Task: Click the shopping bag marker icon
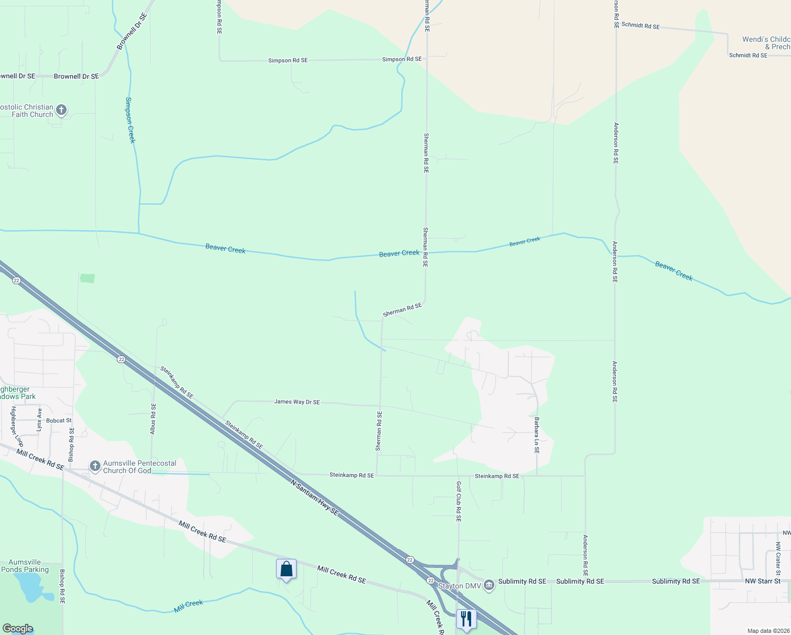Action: pos(286,569)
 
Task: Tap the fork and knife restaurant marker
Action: pos(466,619)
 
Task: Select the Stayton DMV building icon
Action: pos(489,585)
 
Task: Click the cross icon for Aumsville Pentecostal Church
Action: pos(95,466)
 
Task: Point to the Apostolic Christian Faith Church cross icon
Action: pos(61,110)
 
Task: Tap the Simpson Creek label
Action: pos(131,120)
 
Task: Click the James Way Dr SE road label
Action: pos(297,402)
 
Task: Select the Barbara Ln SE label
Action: pos(537,436)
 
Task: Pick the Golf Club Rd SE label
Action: pos(458,502)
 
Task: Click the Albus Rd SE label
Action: pos(153,419)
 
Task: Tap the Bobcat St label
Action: pos(59,421)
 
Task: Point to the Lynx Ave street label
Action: pos(39,420)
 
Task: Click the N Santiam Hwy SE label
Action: pos(314,497)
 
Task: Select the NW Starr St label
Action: pos(762,581)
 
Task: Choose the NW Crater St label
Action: pos(778,559)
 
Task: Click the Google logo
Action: pos(17,629)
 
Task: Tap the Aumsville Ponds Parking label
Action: pos(25,566)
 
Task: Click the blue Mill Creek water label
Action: pos(188,606)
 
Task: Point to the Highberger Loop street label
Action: pos(17,427)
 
